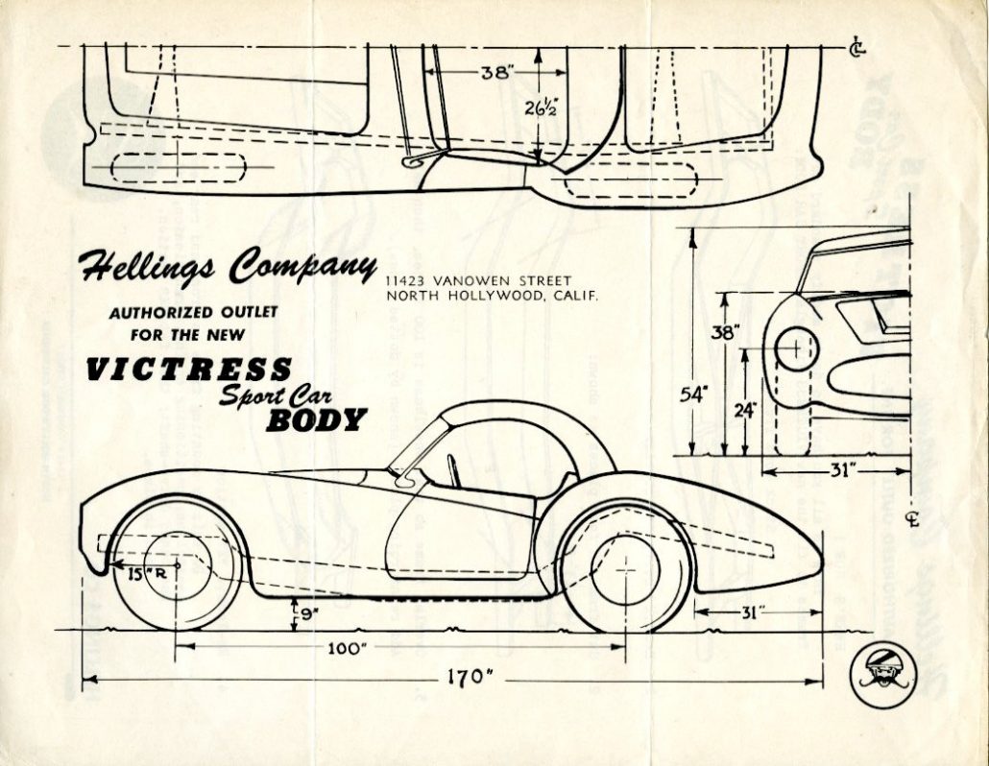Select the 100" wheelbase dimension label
pos(347,648)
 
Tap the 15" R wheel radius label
pos(144,574)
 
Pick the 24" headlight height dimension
pos(745,409)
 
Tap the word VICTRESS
pos(188,370)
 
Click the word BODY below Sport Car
pos(316,419)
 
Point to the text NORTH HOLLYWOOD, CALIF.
pos(492,296)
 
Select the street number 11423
pos(407,280)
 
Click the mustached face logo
pos(883,674)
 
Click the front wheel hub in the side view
pos(178,564)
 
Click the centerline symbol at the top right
pos(856,45)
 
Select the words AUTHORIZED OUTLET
pos(193,313)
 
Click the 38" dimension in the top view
pos(495,71)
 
